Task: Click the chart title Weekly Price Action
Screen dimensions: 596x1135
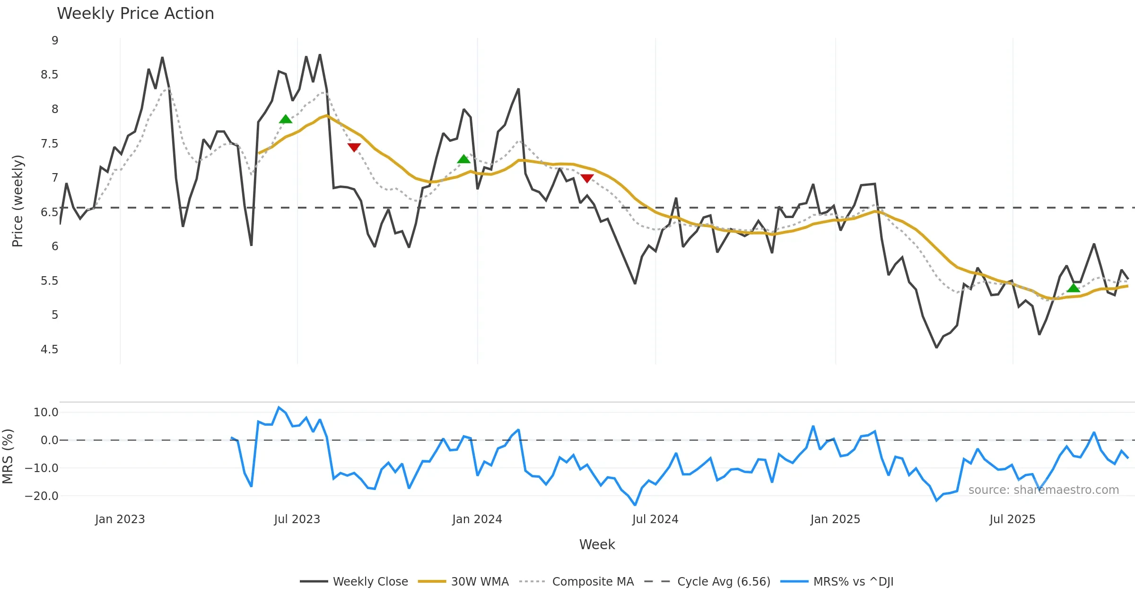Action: point(135,14)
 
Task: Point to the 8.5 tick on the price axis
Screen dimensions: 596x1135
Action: point(49,75)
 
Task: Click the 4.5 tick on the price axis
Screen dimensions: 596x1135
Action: point(49,350)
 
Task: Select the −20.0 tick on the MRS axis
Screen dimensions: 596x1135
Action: point(42,496)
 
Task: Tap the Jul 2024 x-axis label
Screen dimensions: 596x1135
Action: point(655,519)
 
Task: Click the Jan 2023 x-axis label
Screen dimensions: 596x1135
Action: point(120,519)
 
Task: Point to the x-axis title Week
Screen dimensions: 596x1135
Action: point(597,545)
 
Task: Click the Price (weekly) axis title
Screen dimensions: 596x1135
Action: point(17,201)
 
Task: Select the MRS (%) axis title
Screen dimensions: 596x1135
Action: point(8,456)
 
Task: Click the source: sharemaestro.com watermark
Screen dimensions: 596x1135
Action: point(1043,490)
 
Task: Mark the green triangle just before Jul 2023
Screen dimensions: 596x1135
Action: point(285,119)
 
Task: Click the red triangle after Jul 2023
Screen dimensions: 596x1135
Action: point(354,147)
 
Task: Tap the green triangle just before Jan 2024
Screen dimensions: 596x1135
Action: point(463,159)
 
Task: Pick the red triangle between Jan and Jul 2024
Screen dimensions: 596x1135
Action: point(587,178)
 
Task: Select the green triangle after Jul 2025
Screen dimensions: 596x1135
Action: point(1073,288)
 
